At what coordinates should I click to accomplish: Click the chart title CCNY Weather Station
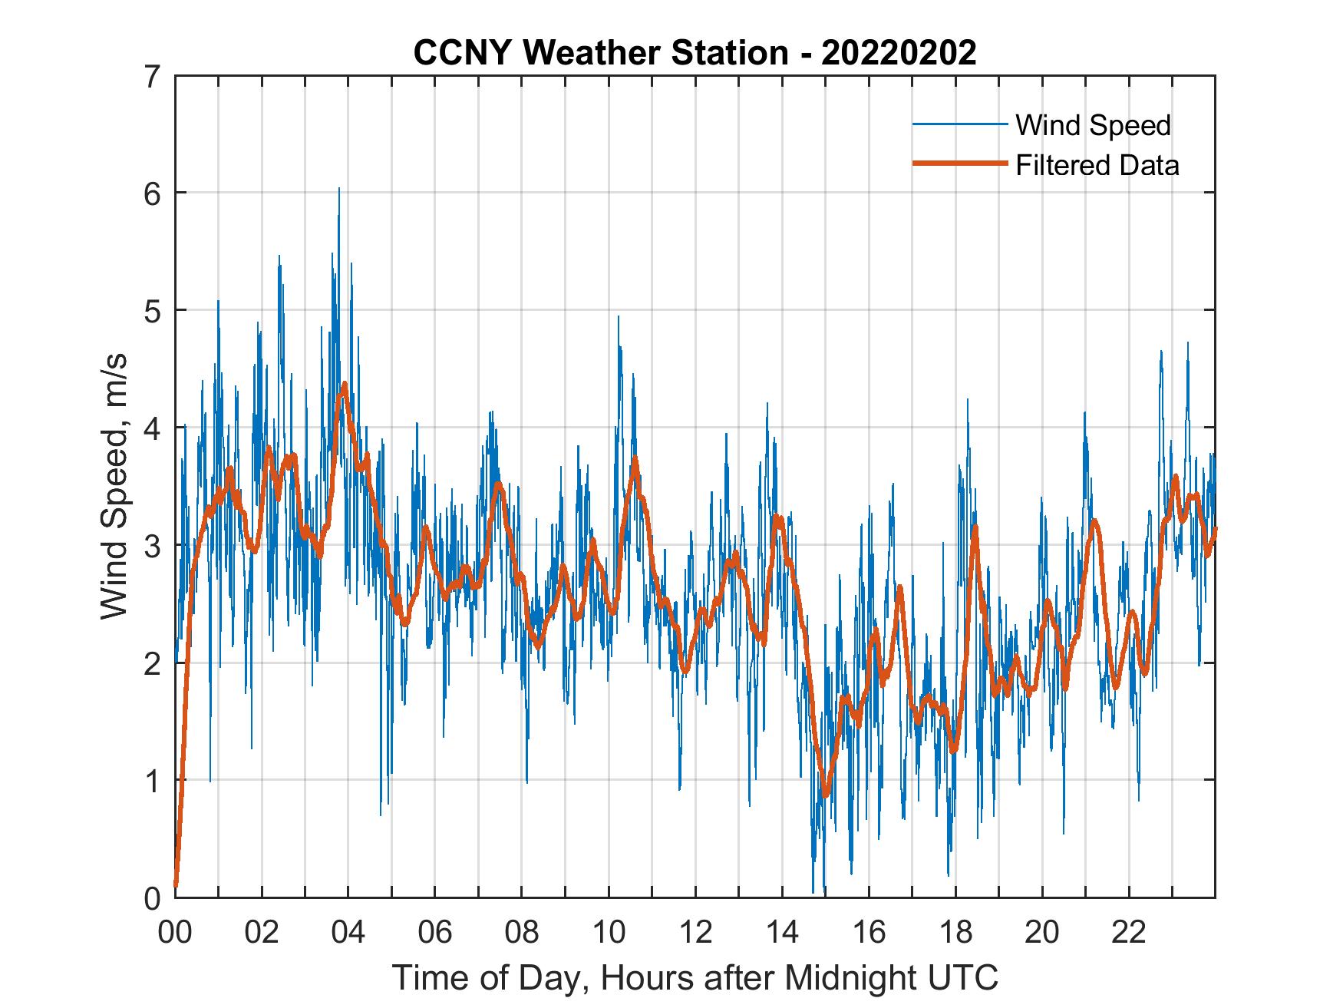(x=600, y=53)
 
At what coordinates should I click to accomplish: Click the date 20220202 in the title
(x=899, y=53)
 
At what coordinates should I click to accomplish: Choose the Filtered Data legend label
(x=1097, y=165)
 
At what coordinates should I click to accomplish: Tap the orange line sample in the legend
(x=959, y=164)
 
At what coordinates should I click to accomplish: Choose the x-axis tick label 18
(x=955, y=933)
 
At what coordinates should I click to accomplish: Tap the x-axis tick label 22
(x=1129, y=933)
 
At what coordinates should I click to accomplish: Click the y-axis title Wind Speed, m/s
(x=114, y=487)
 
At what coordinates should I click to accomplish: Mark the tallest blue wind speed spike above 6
(x=338, y=189)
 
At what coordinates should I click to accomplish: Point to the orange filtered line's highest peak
(x=345, y=383)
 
